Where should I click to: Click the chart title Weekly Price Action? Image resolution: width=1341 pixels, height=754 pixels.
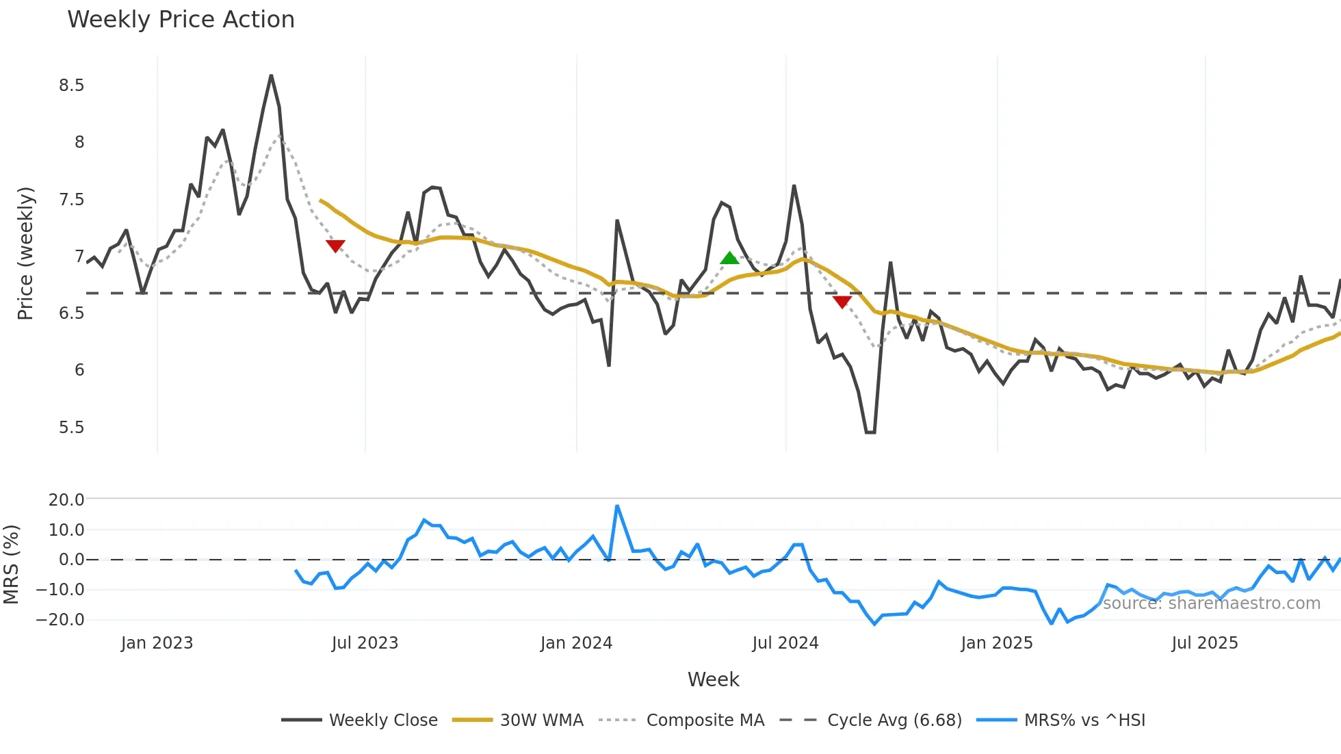(x=181, y=20)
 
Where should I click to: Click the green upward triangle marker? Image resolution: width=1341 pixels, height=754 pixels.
(x=730, y=258)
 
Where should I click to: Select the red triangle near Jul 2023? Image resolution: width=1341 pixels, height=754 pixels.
(x=335, y=246)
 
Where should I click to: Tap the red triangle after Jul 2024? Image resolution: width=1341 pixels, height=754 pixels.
(x=842, y=302)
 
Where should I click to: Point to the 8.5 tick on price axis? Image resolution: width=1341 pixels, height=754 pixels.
(x=71, y=86)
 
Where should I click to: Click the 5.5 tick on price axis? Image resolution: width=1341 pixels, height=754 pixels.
(x=71, y=428)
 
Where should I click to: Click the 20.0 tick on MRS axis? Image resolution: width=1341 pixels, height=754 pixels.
(x=66, y=500)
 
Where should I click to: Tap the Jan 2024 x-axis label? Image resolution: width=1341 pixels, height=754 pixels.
(x=576, y=643)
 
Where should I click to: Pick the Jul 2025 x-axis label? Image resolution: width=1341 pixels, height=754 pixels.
(x=1204, y=643)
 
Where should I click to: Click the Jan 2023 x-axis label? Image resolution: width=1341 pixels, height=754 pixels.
(x=157, y=643)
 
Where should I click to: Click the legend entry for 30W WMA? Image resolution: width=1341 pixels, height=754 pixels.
(x=541, y=720)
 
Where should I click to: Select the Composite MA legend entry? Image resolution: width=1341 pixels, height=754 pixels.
(x=705, y=720)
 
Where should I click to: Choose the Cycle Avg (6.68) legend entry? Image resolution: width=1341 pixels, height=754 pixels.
(x=894, y=720)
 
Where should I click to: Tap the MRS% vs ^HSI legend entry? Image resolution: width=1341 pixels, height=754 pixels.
(x=1084, y=720)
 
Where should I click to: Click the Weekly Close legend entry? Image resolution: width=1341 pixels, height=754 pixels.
(x=383, y=720)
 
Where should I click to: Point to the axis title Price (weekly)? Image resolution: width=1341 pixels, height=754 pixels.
(x=25, y=253)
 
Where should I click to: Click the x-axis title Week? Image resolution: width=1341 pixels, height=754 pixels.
(x=713, y=679)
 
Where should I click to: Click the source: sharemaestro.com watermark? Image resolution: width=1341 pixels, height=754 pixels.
(x=1211, y=603)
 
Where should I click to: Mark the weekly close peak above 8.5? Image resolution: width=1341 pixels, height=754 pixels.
(x=271, y=76)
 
